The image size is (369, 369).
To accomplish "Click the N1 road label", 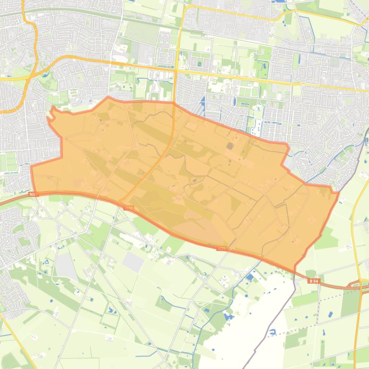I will [x=32, y=194].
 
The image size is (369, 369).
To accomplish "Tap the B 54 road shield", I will [x=314, y=281].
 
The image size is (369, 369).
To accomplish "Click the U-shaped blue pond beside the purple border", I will [x=272, y=331].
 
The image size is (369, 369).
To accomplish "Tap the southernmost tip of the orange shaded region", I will [x=294, y=271].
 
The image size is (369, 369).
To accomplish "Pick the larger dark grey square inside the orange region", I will [x=230, y=145].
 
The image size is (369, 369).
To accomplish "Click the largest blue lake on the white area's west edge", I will [x=250, y=277].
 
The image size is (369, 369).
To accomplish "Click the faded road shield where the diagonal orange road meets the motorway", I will [x=128, y=208].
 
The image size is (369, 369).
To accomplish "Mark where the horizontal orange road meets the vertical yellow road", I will [x=176, y=71].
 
